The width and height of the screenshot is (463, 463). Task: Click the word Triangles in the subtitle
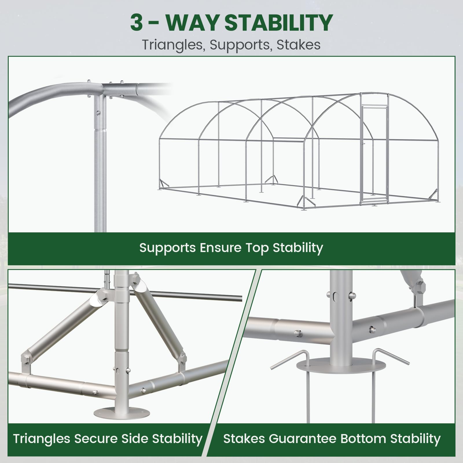click(174, 45)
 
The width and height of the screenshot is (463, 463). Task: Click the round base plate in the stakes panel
click(341, 366)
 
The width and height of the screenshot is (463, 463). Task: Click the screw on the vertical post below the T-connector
click(99, 113)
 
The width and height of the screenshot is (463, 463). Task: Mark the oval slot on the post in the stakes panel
click(336, 296)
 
